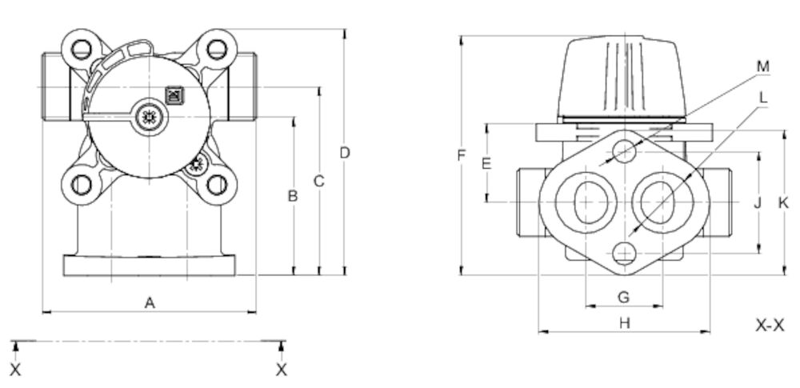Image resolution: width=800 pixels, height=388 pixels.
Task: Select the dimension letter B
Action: (x=293, y=195)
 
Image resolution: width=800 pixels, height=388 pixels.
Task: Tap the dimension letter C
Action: (x=318, y=182)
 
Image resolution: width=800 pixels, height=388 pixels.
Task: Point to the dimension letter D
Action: (x=345, y=152)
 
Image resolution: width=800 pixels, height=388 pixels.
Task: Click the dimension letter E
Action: (x=486, y=163)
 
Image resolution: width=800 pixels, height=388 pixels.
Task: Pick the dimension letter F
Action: (x=461, y=155)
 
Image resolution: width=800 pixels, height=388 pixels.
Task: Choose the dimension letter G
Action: (x=624, y=297)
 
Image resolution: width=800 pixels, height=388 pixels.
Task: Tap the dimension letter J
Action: (x=758, y=203)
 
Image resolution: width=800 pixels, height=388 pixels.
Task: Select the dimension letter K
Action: (x=784, y=203)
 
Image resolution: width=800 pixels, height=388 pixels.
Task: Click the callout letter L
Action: (x=763, y=98)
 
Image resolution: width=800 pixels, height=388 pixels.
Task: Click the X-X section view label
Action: (x=771, y=326)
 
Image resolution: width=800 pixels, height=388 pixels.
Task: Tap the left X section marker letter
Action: (x=16, y=370)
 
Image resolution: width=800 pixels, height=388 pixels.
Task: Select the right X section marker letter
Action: (x=282, y=370)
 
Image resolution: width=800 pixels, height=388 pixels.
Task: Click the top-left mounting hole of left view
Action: (x=81, y=49)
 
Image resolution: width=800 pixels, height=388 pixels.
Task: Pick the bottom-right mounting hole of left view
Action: (x=217, y=185)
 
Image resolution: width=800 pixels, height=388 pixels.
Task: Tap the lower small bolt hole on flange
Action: (x=624, y=254)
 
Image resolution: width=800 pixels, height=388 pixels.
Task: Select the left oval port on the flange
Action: (x=590, y=202)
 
